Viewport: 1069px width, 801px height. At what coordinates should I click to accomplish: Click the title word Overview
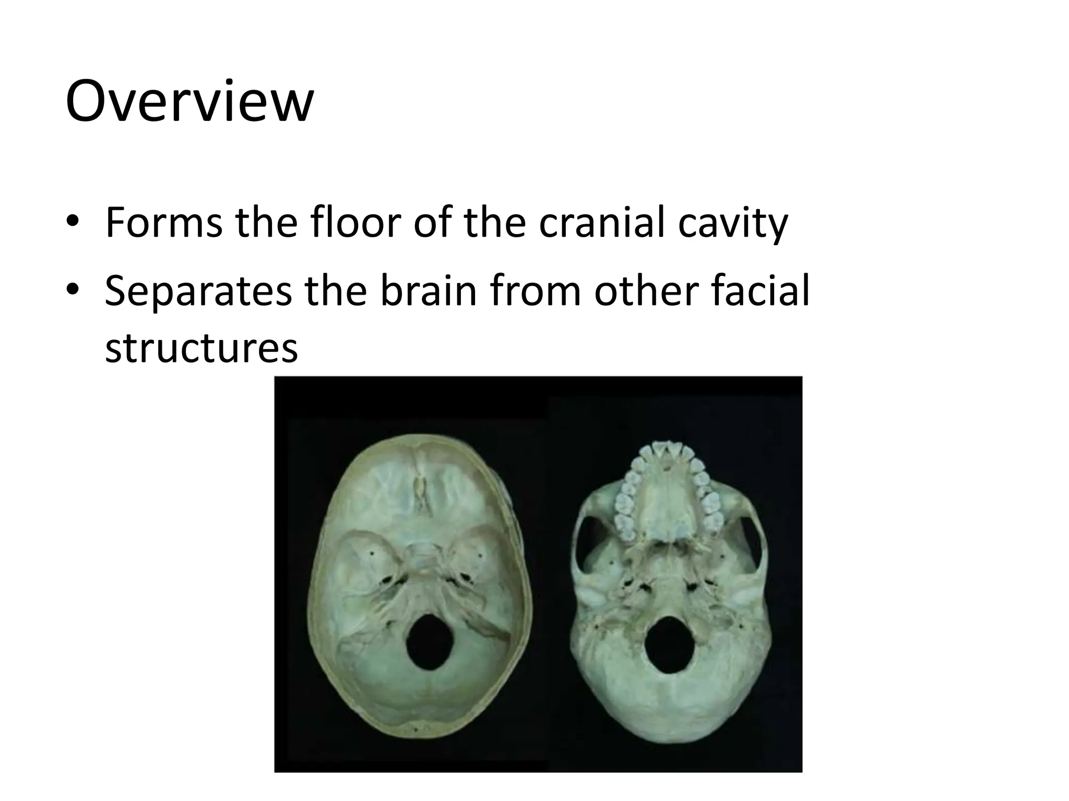tap(189, 102)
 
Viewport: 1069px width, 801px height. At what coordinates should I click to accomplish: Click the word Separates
tap(198, 293)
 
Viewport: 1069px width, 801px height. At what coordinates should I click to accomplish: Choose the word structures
tap(201, 348)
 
